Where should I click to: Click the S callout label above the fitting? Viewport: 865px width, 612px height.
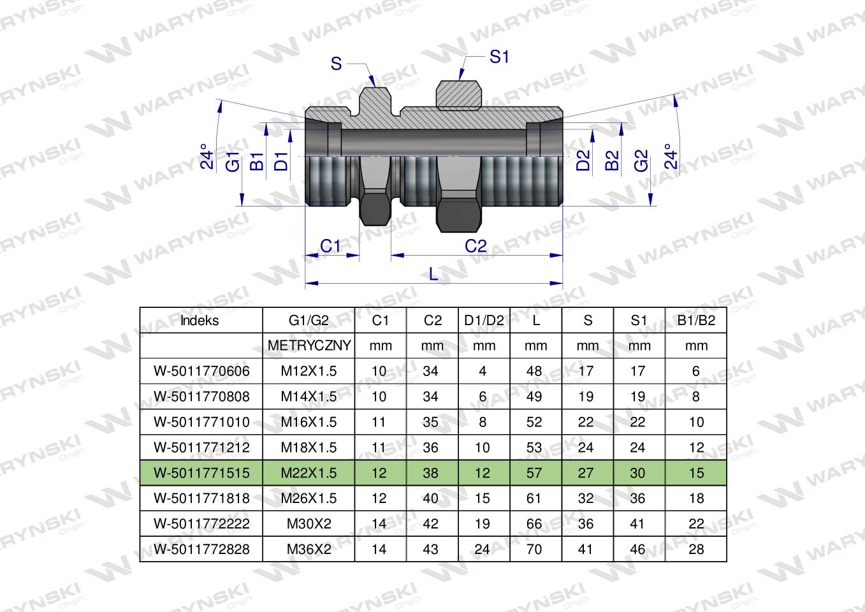(x=337, y=64)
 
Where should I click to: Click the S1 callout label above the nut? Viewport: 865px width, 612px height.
(x=499, y=57)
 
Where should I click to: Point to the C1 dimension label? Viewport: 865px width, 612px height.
(x=330, y=246)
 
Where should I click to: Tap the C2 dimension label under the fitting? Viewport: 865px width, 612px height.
(x=476, y=246)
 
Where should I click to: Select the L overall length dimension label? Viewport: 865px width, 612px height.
(x=433, y=274)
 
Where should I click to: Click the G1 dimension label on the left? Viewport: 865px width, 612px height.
(x=233, y=162)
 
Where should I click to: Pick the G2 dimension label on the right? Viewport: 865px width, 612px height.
(x=641, y=161)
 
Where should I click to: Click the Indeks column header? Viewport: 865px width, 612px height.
(x=200, y=321)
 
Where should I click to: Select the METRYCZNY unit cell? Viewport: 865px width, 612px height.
(x=309, y=346)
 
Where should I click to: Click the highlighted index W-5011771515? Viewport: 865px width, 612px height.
(x=201, y=473)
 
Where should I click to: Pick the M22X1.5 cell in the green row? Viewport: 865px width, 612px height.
(x=309, y=473)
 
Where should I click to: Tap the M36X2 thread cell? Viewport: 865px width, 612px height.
(x=309, y=550)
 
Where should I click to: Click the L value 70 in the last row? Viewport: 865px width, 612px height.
(x=535, y=550)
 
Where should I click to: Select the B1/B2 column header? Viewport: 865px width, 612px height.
(x=695, y=321)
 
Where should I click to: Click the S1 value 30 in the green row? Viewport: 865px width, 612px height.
(x=637, y=473)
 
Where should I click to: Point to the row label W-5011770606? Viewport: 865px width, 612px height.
(x=201, y=371)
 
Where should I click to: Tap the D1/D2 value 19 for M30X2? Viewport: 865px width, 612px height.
(x=483, y=524)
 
